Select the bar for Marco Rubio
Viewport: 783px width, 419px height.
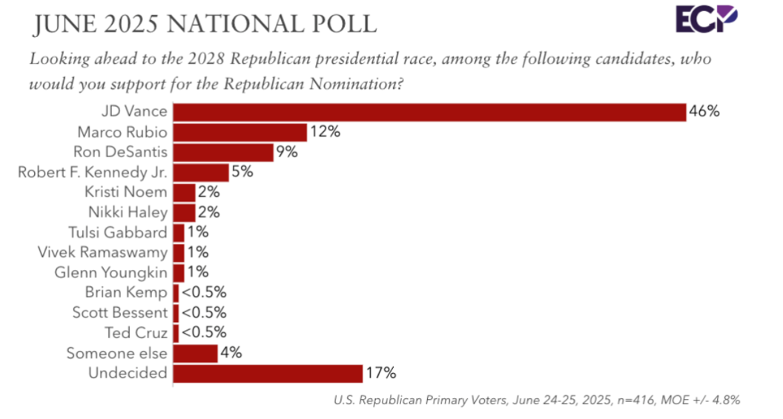coord(239,132)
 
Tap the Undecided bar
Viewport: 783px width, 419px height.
coord(267,372)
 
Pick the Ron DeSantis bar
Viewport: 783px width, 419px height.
coord(223,152)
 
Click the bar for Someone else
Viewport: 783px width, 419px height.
coord(195,352)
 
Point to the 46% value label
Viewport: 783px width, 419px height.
coord(704,112)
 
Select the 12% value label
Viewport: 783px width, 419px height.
coord(324,132)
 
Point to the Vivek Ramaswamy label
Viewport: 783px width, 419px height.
coord(102,252)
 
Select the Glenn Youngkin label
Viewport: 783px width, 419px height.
coord(111,272)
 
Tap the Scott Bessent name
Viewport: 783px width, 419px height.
coord(119,312)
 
